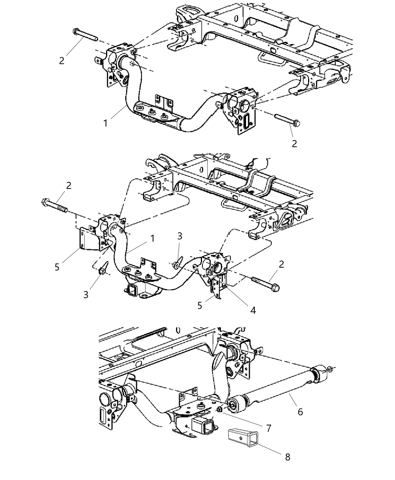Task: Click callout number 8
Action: [287, 457]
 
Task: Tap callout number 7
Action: [268, 428]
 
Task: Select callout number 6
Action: [300, 412]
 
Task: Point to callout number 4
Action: [253, 310]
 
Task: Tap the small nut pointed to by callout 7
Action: [220, 410]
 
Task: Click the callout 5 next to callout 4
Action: [200, 305]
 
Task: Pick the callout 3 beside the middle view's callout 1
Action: [180, 236]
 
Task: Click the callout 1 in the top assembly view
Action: [106, 123]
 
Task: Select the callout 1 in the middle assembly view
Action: [152, 238]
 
